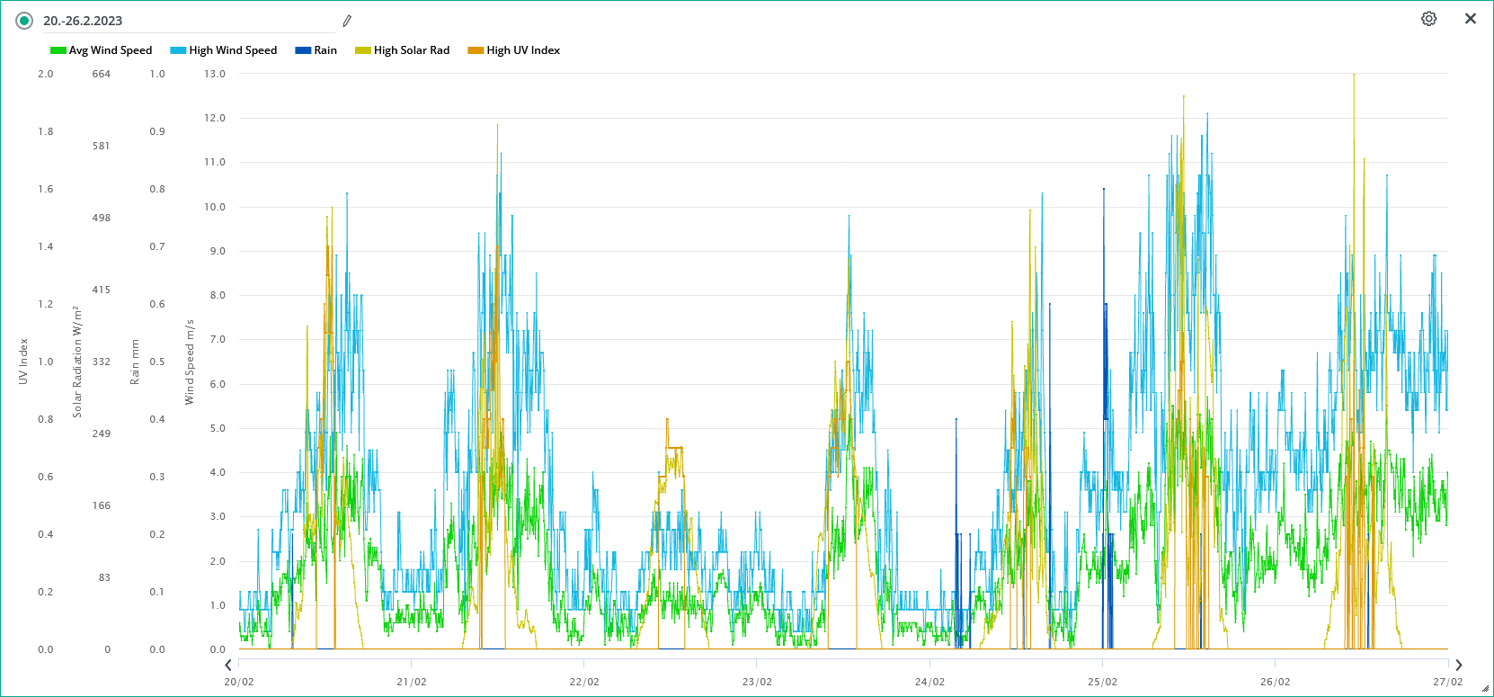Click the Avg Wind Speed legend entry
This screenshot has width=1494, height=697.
[102, 50]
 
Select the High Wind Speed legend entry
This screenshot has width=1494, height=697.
[224, 50]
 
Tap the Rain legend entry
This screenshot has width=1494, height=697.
[316, 50]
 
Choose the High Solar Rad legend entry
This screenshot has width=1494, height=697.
[403, 50]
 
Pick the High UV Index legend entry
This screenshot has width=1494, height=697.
[514, 50]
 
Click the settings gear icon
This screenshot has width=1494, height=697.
[1428, 19]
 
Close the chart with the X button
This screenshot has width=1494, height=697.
[1471, 19]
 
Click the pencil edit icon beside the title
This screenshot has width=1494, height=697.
[347, 21]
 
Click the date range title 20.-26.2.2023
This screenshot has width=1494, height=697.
[83, 21]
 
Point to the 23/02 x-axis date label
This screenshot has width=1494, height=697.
[757, 682]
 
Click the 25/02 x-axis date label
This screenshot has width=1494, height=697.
[1102, 682]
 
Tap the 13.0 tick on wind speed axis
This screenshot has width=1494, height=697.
[215, 74]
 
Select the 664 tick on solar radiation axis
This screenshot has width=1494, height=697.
[102, 74]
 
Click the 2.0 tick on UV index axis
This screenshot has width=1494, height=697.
[46, 74]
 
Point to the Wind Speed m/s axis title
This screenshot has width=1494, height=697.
[190, 362]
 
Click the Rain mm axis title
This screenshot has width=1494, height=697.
[135, 362]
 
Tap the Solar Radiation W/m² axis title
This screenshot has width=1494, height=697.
[77, 362]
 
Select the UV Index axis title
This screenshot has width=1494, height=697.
[23, 362]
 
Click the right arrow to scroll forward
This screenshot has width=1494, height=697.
[1458, 666]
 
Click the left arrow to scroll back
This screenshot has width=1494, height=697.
[228, 666]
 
